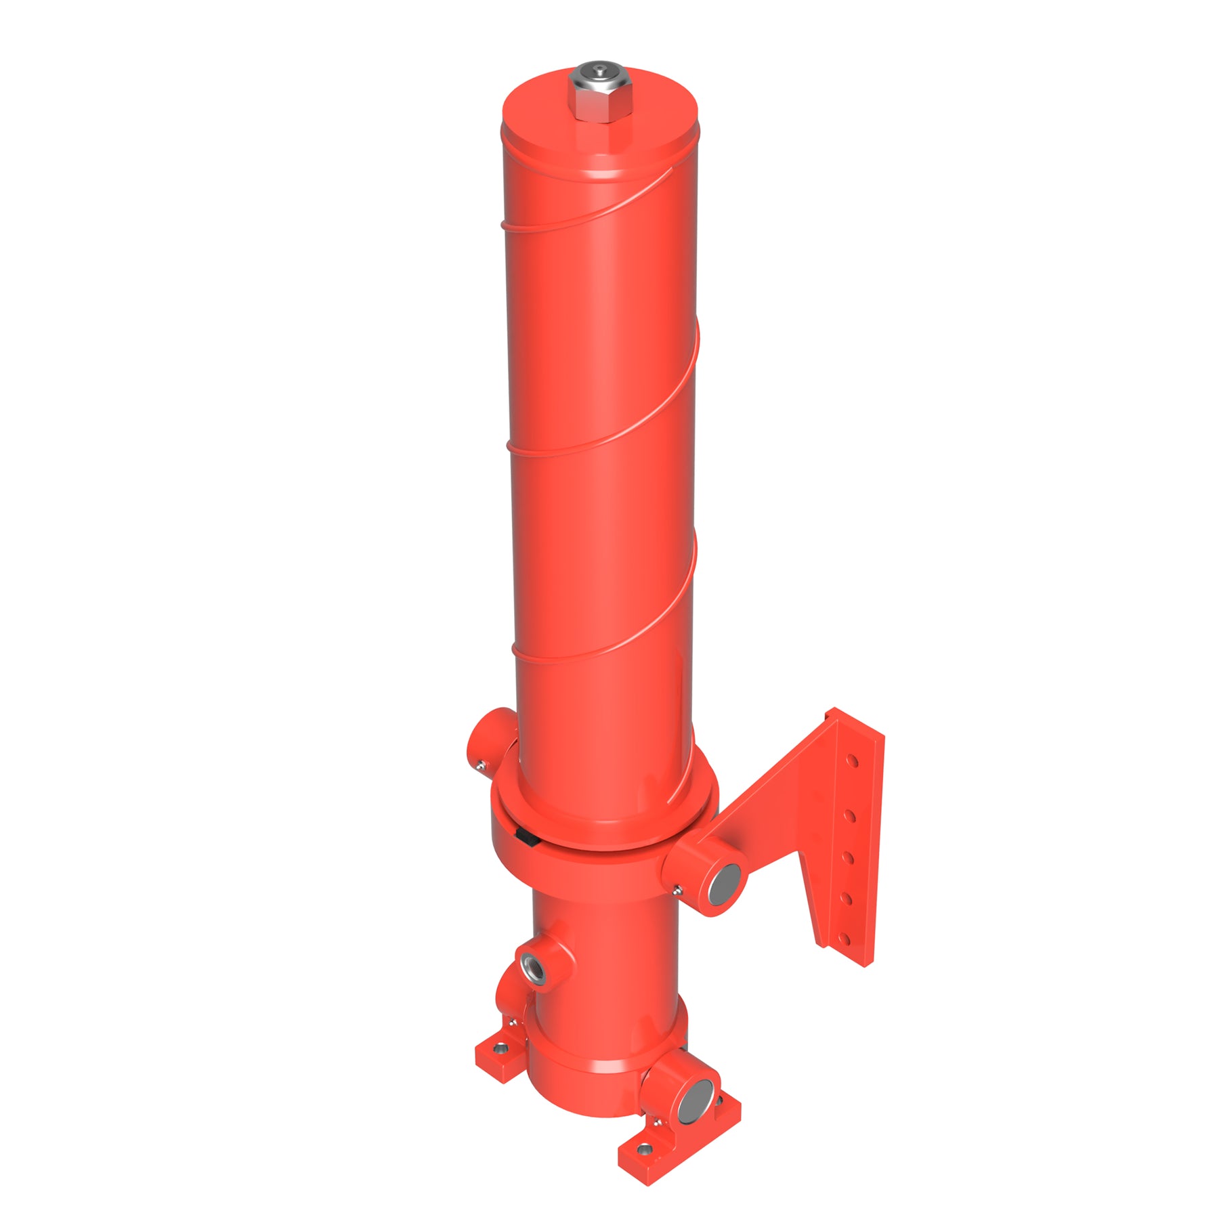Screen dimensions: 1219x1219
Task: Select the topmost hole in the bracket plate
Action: (x=853, y=762)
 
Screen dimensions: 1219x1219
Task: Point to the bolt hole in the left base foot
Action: (x=500, y=1048)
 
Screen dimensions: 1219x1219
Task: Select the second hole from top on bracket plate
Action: (x=851, y=816)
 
